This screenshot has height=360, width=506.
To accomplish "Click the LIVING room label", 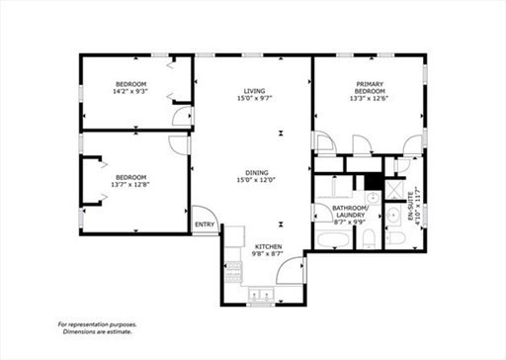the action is pyautogui.click(x=254, y=91).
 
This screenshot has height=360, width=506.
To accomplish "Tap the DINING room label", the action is pyautogui.click(x=257, y=173).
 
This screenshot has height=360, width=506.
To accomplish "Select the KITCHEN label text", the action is pyautogui.click(x=269, y=247).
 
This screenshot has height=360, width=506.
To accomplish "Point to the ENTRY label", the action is pyautogui.click(x=205, y=225).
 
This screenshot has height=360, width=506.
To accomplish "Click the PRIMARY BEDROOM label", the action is pyautogui.click(x=370, y=87).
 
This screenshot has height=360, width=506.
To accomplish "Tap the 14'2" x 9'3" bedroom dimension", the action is pyautogui.click(x=130, y=91).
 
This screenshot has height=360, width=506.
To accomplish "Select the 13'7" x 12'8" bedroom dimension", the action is pyautogui.click(x=130, y=185).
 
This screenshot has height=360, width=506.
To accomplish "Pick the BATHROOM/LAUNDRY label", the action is pyautogui.click(x=350, y=212).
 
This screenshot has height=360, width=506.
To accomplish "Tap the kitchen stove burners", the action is pyautogui.click(x=233, y=272).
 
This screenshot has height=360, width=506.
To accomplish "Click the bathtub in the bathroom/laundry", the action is pyautogui.click(x=332, y=239).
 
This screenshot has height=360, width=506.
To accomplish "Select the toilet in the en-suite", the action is pyautogui.click(x=395, y=238).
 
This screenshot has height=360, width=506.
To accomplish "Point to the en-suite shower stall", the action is pyautogui.click(x=394, y=190).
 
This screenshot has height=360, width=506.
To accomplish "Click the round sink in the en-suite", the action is pyautogui.click(x=392, y=215).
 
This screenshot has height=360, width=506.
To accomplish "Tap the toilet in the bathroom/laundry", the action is pyautogui.click(x=369, y=238).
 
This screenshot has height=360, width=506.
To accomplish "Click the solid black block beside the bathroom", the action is pyautogui.click(x=373, y=181).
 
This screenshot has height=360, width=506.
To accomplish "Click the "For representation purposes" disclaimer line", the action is pyautogui.click(x=97, y=324).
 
